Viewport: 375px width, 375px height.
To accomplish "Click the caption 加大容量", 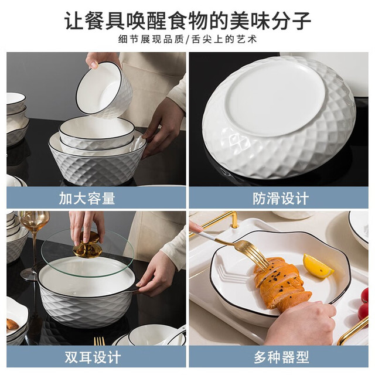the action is (x=87, y=198).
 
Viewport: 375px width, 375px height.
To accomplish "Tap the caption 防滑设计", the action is (x=281, y=198).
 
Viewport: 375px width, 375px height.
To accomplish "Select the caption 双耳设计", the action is (x=93, y=357).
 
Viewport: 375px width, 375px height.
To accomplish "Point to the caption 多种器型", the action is (x=281, y=357).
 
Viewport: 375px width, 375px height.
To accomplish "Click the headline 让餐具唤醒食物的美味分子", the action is (x=187, y=21).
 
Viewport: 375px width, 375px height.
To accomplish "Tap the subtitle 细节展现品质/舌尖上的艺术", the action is (x=187, y=39).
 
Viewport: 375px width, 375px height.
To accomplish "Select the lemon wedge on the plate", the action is (x=318, y=265).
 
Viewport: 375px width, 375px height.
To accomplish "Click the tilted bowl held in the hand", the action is (x=104, y=90).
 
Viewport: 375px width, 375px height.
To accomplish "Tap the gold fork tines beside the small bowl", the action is (x=99, y=341).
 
